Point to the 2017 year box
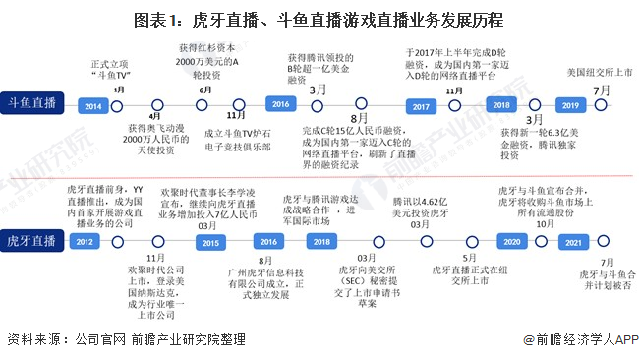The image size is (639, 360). coord(421,105)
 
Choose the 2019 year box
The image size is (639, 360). coord(568,105)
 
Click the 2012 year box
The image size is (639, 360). coord(85,242)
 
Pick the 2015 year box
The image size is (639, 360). coord(207,242)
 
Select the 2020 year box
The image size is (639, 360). coord(510,242)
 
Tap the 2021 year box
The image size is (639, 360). coord(579,242)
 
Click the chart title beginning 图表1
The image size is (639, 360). coord(319,19)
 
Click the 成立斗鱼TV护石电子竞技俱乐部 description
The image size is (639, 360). coord(238,141)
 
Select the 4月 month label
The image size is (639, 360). coord(155,116)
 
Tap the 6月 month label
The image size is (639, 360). coord(204,90)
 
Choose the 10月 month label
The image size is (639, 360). coord(543,224)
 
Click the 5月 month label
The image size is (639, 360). coord(470,259)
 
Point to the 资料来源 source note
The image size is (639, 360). coord(126,339)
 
